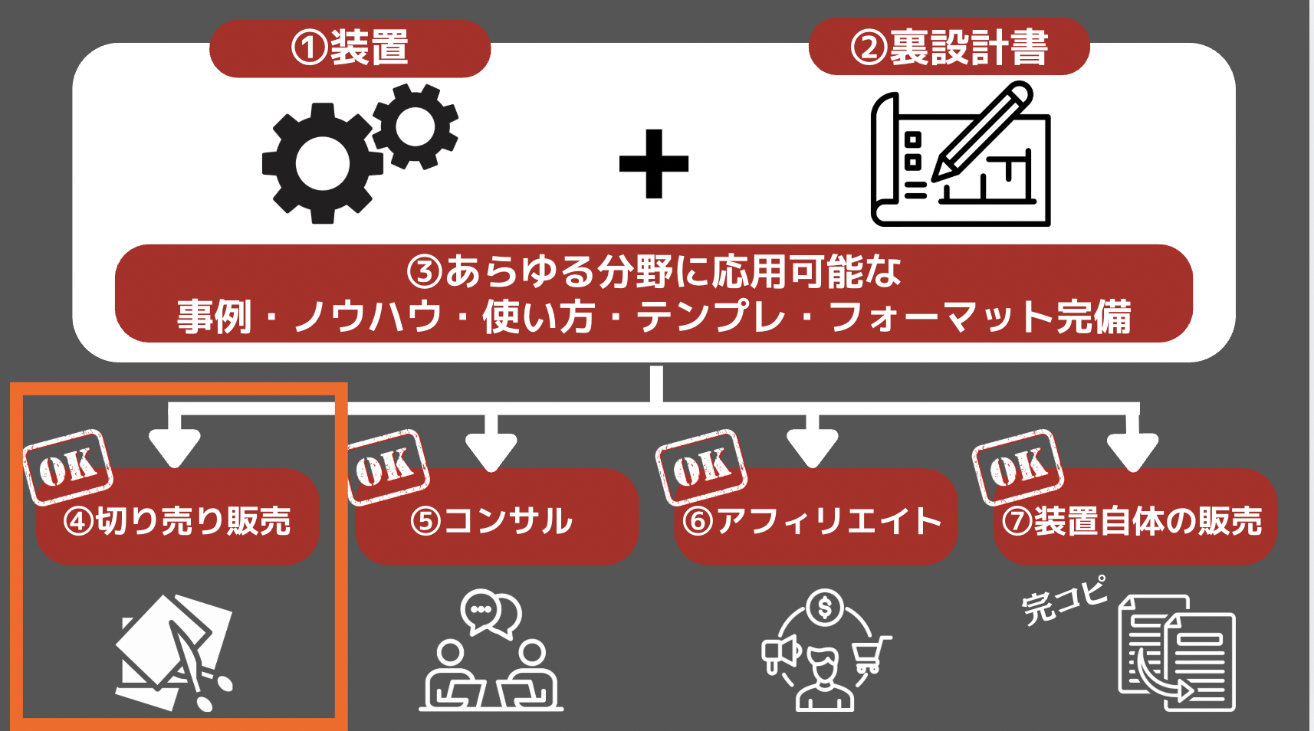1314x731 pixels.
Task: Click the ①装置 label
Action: [x=350, y=48]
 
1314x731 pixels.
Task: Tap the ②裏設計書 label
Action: [x=949, y=47]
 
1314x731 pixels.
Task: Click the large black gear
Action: [x=322, y=163]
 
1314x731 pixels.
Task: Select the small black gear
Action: [x=416, y=126]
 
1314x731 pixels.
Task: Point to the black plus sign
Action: [x=653, y=164]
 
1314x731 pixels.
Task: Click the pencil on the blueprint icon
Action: [x=981, y=131]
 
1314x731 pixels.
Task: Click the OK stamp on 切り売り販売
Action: [x=68, y=467]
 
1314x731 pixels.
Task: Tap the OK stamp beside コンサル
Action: [x=387, y=467]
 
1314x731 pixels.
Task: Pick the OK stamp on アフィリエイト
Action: [x=701, y=467]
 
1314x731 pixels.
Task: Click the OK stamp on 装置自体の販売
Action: [x=1018, y=467]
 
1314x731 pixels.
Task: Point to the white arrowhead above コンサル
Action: [x=491, y=451]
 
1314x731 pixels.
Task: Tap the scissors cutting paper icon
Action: [x=174, y=653]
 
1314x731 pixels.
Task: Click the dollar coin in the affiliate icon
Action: [x=825, y=608]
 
